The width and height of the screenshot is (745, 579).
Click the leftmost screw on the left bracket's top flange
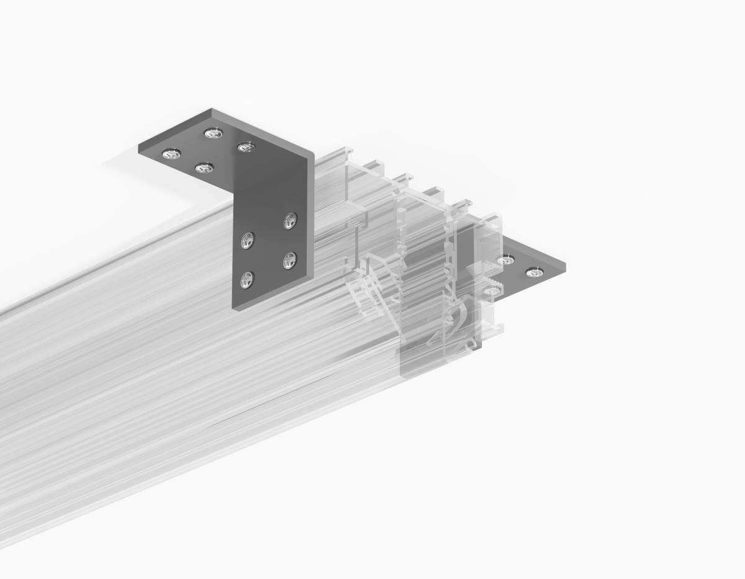171,154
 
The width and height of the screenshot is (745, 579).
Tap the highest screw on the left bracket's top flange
213,133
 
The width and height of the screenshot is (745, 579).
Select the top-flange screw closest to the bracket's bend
246,147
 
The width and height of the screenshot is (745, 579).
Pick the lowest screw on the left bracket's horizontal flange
204,168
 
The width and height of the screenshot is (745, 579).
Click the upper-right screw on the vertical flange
290,220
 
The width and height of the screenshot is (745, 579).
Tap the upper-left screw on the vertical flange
248,240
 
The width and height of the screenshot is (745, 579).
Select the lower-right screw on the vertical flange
289,260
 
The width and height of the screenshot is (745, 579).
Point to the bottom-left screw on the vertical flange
247,280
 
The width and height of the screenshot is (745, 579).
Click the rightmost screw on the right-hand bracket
534,272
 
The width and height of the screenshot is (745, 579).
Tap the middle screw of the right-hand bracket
507,260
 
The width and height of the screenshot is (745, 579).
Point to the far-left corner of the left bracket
138,146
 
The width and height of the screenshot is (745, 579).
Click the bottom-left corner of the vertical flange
234,308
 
